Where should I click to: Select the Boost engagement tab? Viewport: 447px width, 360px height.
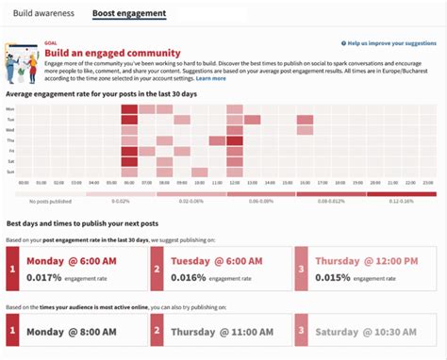[x=129, y=14]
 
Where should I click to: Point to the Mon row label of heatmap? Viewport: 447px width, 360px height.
[x=10, y=109]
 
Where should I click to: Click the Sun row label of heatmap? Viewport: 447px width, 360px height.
[x=10, y=172]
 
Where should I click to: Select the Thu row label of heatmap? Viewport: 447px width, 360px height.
[x=10, y=140]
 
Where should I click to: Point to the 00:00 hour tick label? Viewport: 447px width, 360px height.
[x=25, y=183]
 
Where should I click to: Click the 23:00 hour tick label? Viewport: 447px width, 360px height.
[x=426, y=183]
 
